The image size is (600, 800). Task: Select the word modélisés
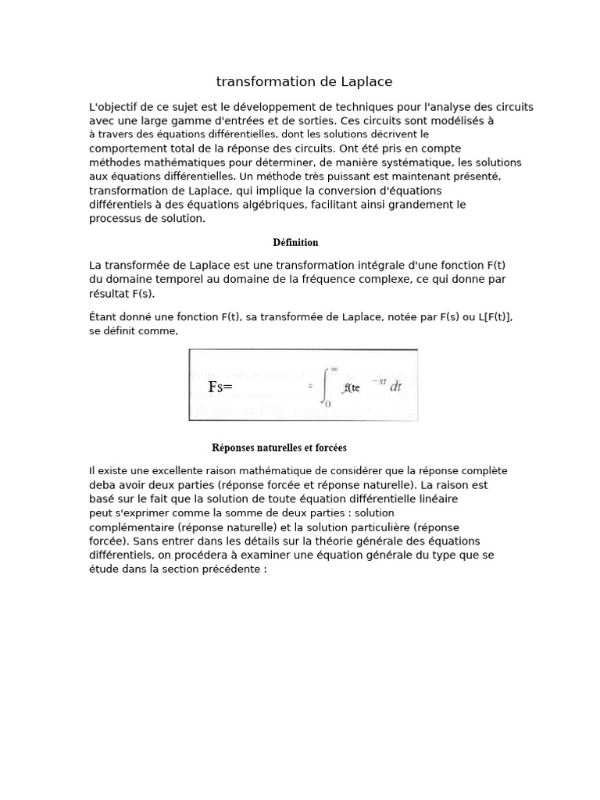click(x=461, y=121)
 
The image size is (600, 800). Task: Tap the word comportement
click(x=128, y=148)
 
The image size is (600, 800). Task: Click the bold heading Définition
click(x=295, y=243)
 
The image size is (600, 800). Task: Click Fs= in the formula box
click(x=221, y=387)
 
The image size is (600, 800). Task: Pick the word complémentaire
click(x=132, y=527)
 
